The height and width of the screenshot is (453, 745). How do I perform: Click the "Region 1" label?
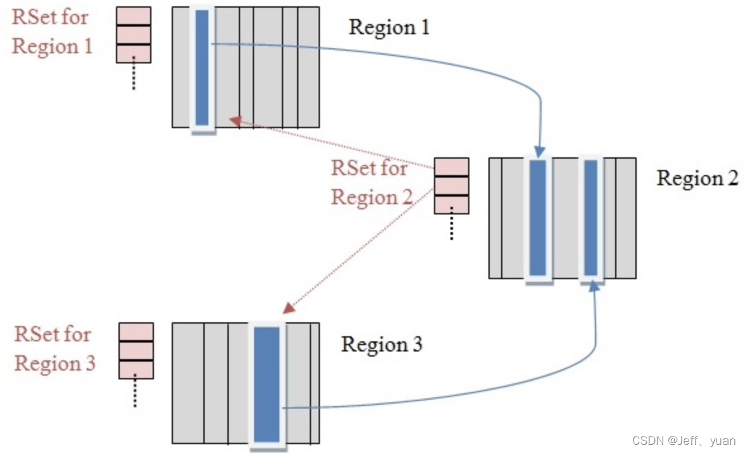click(389, 27)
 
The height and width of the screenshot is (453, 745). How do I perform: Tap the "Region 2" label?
click(697, 178)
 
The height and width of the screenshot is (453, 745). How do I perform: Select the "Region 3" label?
click(381, 345)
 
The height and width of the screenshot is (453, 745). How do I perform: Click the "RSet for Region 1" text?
click(53, 32)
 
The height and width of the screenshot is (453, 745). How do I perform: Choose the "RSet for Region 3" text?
click(54, 349)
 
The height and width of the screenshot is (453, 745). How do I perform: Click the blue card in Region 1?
click(202, 67)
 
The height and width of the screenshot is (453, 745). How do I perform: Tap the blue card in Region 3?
click(267, 384)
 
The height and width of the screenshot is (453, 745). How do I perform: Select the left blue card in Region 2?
click(537, 217)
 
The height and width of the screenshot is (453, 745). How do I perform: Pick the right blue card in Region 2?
click(590, 217)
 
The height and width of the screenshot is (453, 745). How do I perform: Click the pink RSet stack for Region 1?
click(133, 35)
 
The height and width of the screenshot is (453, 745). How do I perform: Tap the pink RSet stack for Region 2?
click(451, 186)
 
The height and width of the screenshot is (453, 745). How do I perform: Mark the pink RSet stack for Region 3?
click(136, 351)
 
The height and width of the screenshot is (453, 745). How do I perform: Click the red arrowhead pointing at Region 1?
click(236, 120)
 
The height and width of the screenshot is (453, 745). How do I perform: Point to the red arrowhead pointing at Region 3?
click(289, 308)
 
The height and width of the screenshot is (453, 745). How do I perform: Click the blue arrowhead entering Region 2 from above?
click(538, 152)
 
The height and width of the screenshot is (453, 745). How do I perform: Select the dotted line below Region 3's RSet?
click(136, 393)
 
